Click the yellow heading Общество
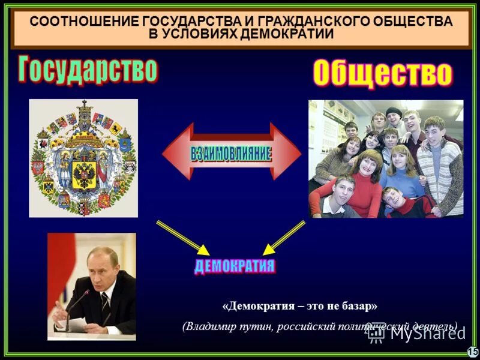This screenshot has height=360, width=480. tap(382, 74)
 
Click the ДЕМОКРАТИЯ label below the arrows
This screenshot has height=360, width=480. tap(235, 266)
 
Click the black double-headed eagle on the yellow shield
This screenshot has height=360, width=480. tap(84, 172)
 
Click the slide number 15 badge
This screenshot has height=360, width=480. tap(472, 352)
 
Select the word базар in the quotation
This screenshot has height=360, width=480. tap(356, 306)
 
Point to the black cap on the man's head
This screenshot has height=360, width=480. tap(394, 111)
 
